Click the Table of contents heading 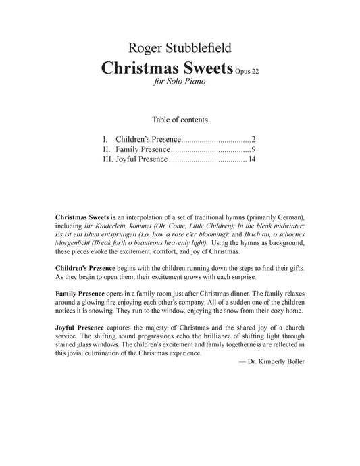click(x=180, y=119)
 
